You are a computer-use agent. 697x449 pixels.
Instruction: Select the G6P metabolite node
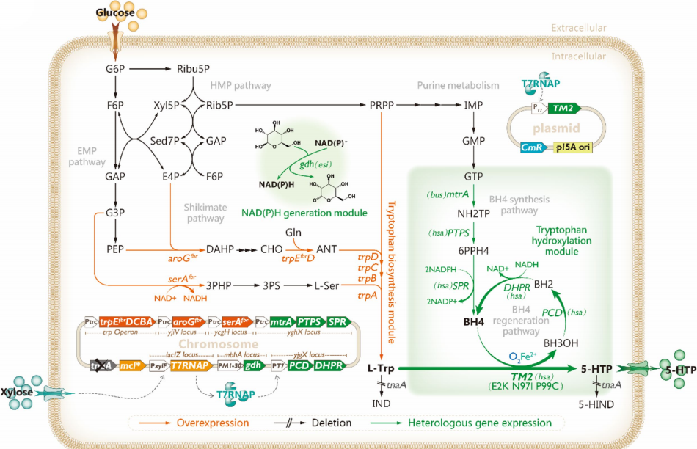coord(116,70)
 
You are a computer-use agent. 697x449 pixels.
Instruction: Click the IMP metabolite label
coord(472,106)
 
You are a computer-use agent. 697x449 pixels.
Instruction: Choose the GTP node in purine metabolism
coord(472,177)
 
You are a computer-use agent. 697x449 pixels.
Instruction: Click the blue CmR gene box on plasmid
coord(547,147)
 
